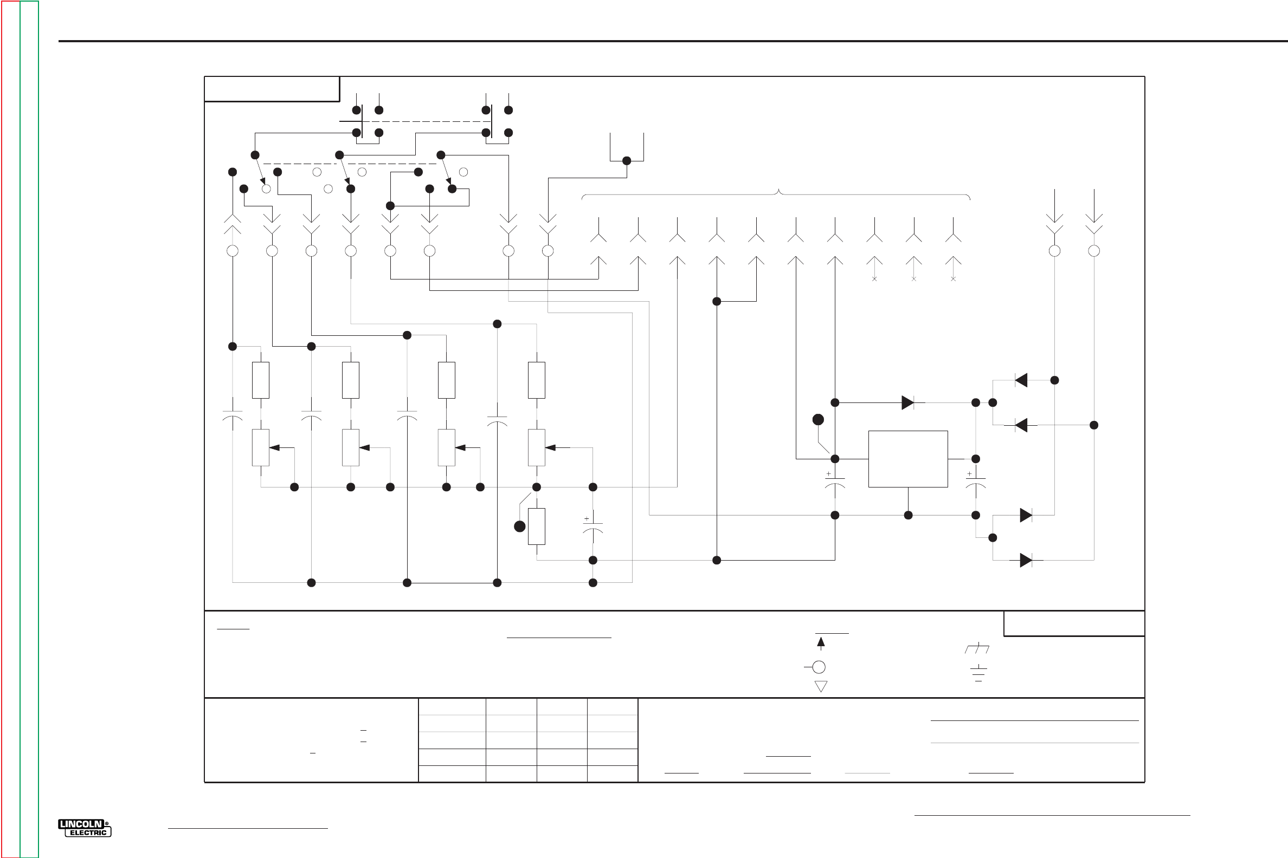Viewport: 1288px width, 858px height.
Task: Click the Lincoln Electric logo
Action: [85, 828]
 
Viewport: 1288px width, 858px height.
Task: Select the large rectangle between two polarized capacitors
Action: [907, 459]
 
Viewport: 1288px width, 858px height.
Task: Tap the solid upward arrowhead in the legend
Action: [820, 642]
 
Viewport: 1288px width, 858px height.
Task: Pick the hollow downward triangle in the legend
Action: [820, 686]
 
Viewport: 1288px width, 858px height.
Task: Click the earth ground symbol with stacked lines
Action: [978, 673]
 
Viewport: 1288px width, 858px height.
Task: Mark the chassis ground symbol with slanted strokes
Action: [977, 649]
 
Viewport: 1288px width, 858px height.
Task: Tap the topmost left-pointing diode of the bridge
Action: [1021, 380]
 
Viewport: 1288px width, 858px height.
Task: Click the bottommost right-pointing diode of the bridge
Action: [1026, 560]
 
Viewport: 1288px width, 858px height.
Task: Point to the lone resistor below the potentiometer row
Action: [536, 526]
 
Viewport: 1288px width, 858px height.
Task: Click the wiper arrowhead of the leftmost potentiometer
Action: [274, 447]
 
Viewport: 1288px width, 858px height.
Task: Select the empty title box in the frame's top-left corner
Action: [272, 89]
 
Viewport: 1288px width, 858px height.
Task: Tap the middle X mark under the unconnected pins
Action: [913, 279]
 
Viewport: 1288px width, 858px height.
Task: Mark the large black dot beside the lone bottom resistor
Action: [520, 526]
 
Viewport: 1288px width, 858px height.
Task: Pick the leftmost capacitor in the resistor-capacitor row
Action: [232, 415]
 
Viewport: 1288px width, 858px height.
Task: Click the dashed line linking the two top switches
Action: [427, 121]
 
